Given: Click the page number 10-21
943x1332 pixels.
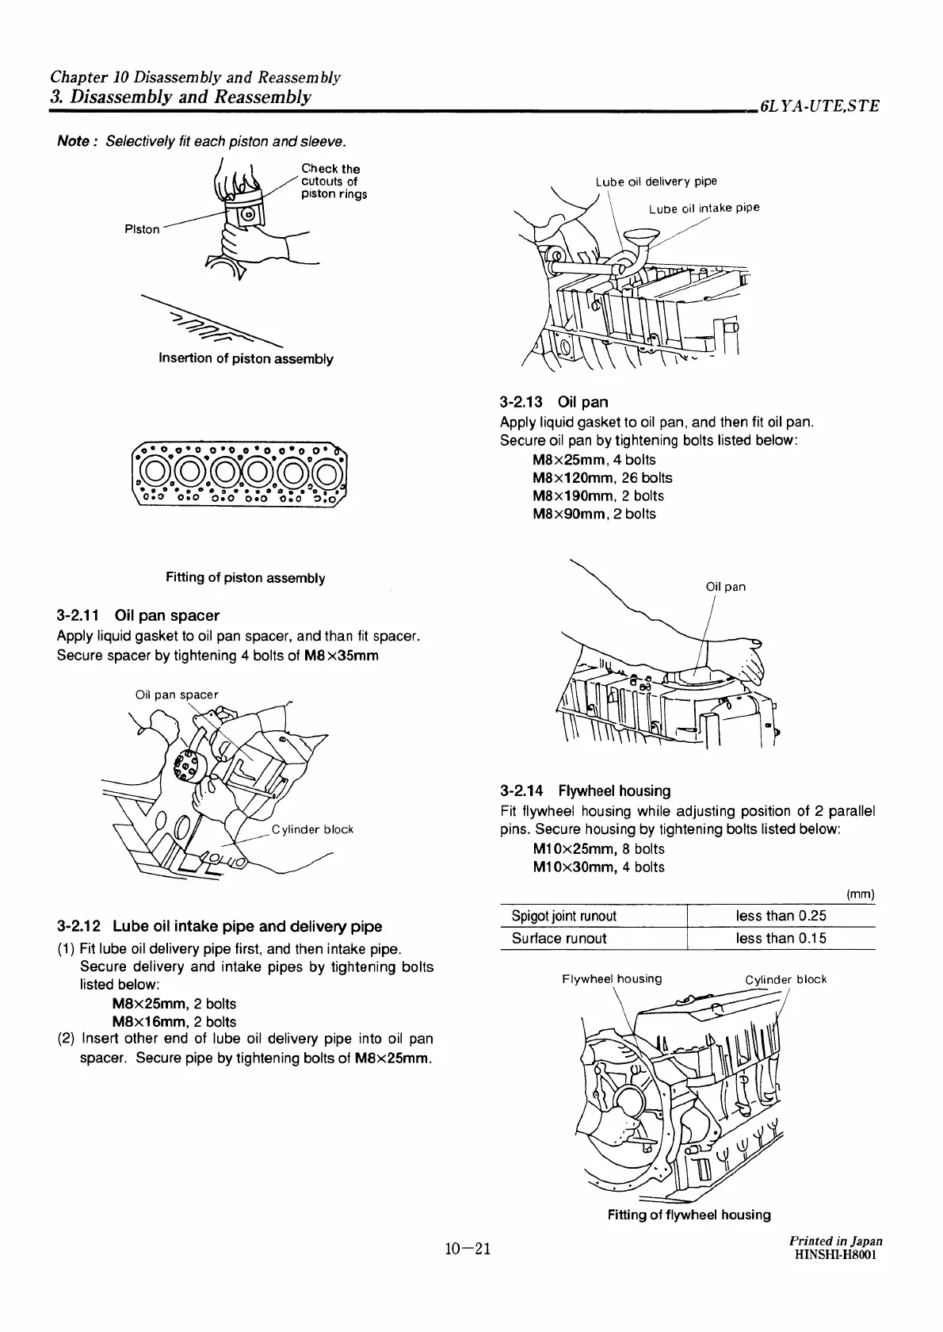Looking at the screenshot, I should tap(468, 1250).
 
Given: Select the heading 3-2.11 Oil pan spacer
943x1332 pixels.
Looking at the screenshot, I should tap(138, 615).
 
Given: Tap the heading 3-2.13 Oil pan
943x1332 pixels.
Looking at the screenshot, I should tap(554, 402).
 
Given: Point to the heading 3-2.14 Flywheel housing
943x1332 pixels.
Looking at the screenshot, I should tap(586, 790).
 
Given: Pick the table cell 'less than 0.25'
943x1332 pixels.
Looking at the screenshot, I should tap(781, 916).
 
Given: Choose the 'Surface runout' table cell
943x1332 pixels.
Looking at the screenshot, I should tap(559, 938).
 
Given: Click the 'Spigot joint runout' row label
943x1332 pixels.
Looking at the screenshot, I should tap(563, 916).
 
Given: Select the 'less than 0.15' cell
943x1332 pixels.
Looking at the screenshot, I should tap(781, 938).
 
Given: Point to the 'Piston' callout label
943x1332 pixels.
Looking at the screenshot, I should tap(142, 229).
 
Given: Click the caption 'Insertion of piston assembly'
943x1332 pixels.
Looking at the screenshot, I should tap(246, 358).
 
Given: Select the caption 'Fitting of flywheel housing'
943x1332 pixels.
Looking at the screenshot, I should tap(689, 1215).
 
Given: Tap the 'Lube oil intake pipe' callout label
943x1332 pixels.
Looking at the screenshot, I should tap(704, 209).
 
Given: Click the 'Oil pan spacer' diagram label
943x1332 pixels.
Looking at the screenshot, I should tap(176, 695).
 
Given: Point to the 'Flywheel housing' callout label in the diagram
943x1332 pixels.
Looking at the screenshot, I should tap(611, 978).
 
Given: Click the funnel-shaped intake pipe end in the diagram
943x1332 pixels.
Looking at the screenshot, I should tap(641, 235).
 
